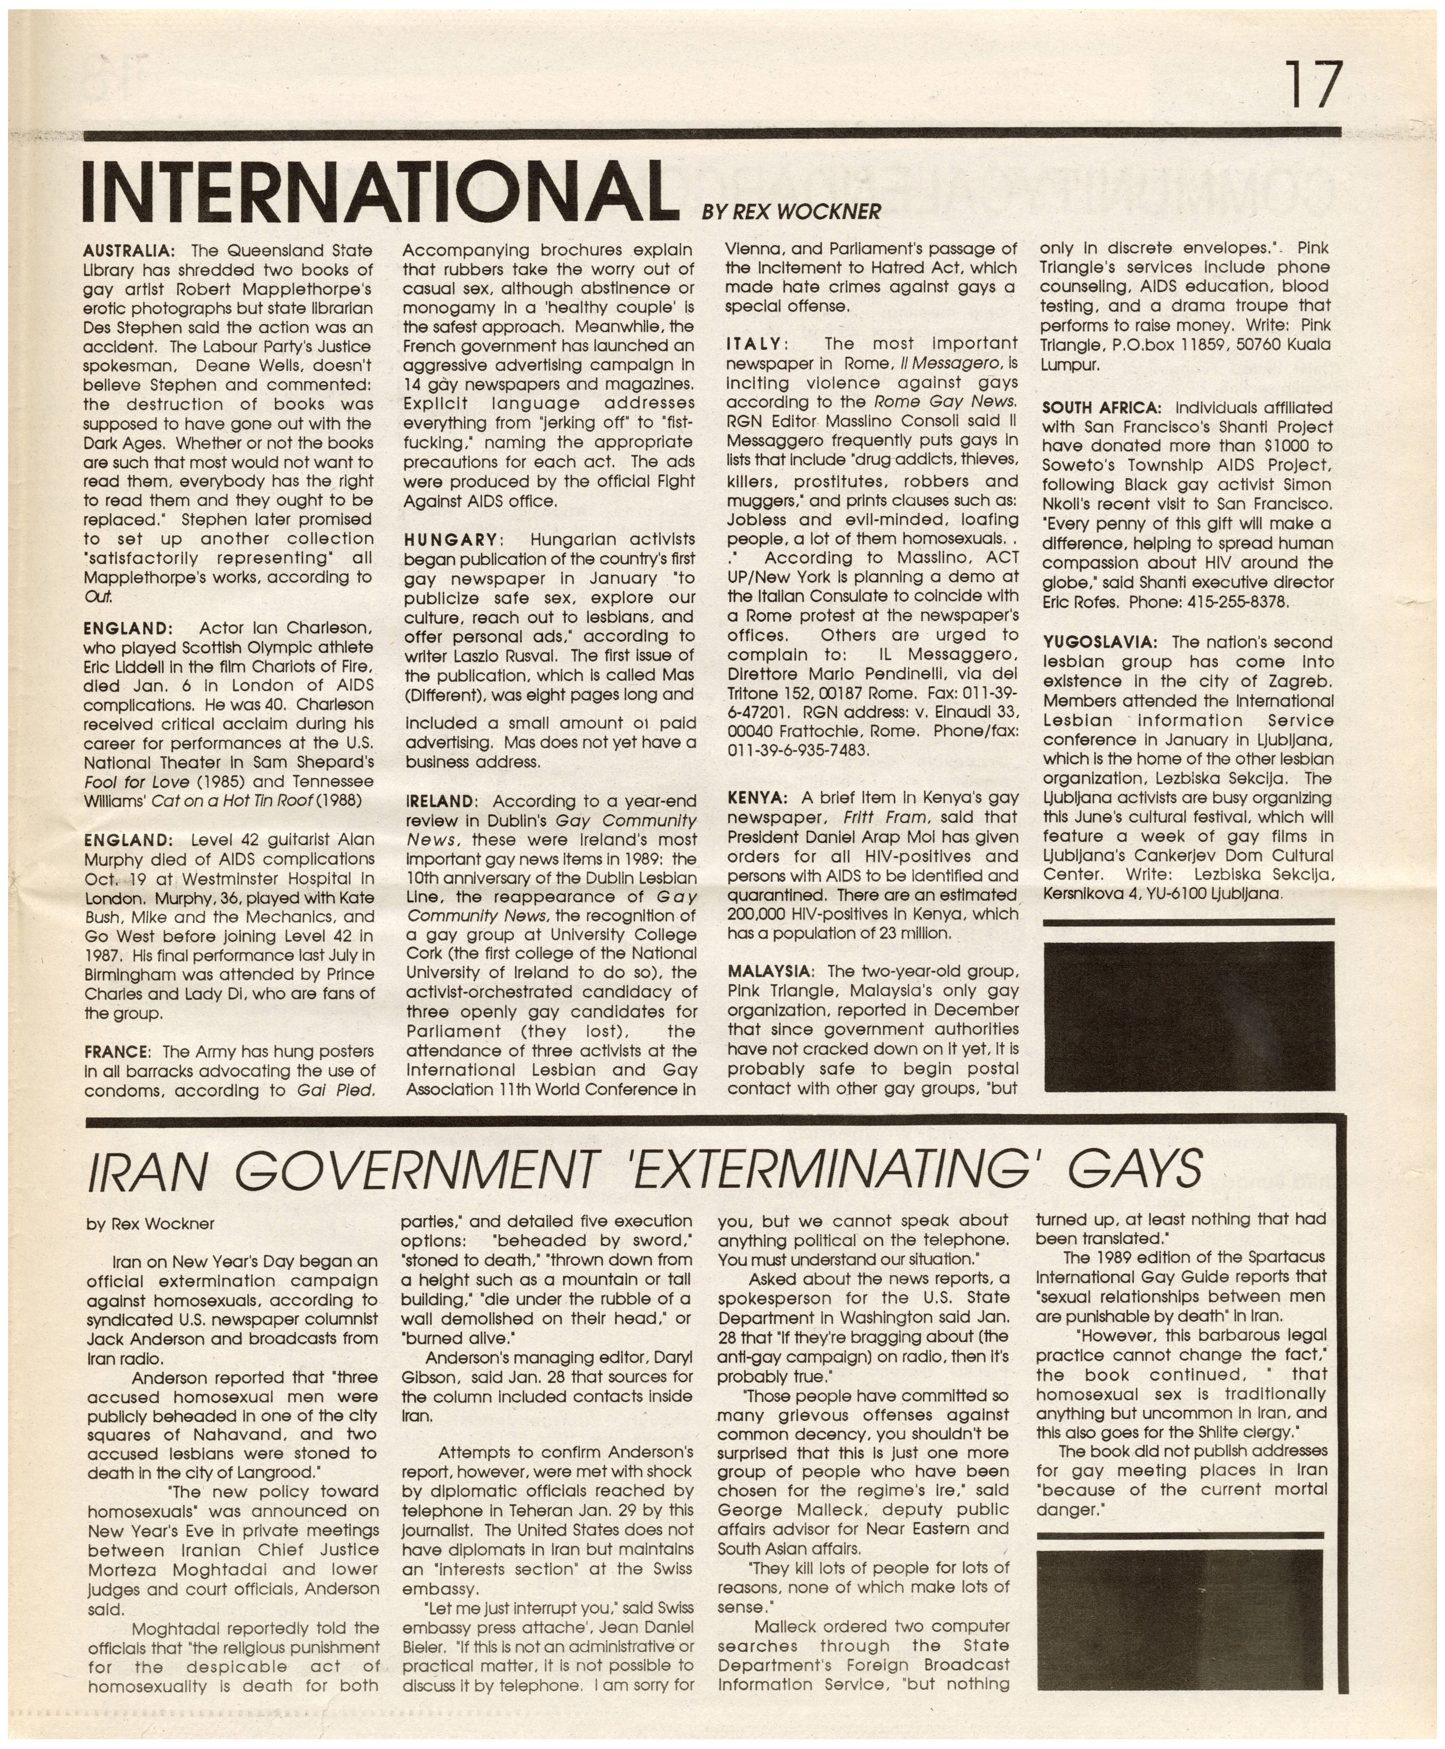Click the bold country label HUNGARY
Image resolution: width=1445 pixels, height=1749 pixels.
click(452, 539)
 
